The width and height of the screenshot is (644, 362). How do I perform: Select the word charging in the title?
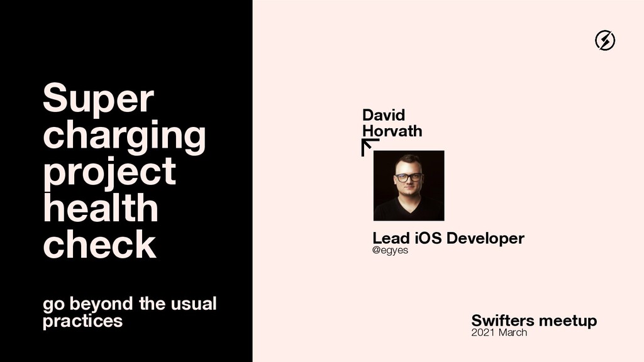(x=124, y=136)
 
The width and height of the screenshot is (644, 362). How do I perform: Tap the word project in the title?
(x=109, y=172)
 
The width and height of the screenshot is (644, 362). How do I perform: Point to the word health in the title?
(x=101, y=207)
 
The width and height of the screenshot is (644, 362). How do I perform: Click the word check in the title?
(x=99, y=244)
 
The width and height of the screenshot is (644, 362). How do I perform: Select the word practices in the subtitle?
(x=82, y=321)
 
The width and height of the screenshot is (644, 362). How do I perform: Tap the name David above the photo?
(x=384, y=115)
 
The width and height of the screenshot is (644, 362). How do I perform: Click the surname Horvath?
(x=392, y=131)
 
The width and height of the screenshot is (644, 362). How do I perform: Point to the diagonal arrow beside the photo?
(x=370, y=147)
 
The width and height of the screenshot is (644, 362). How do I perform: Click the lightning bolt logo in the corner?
(x=605, y=41)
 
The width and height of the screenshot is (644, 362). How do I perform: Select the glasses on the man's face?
(x=409, y=177)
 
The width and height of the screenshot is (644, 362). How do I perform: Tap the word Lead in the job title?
(x=391, y=239)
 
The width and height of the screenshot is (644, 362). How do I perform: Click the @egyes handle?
(x=390, y=251)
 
